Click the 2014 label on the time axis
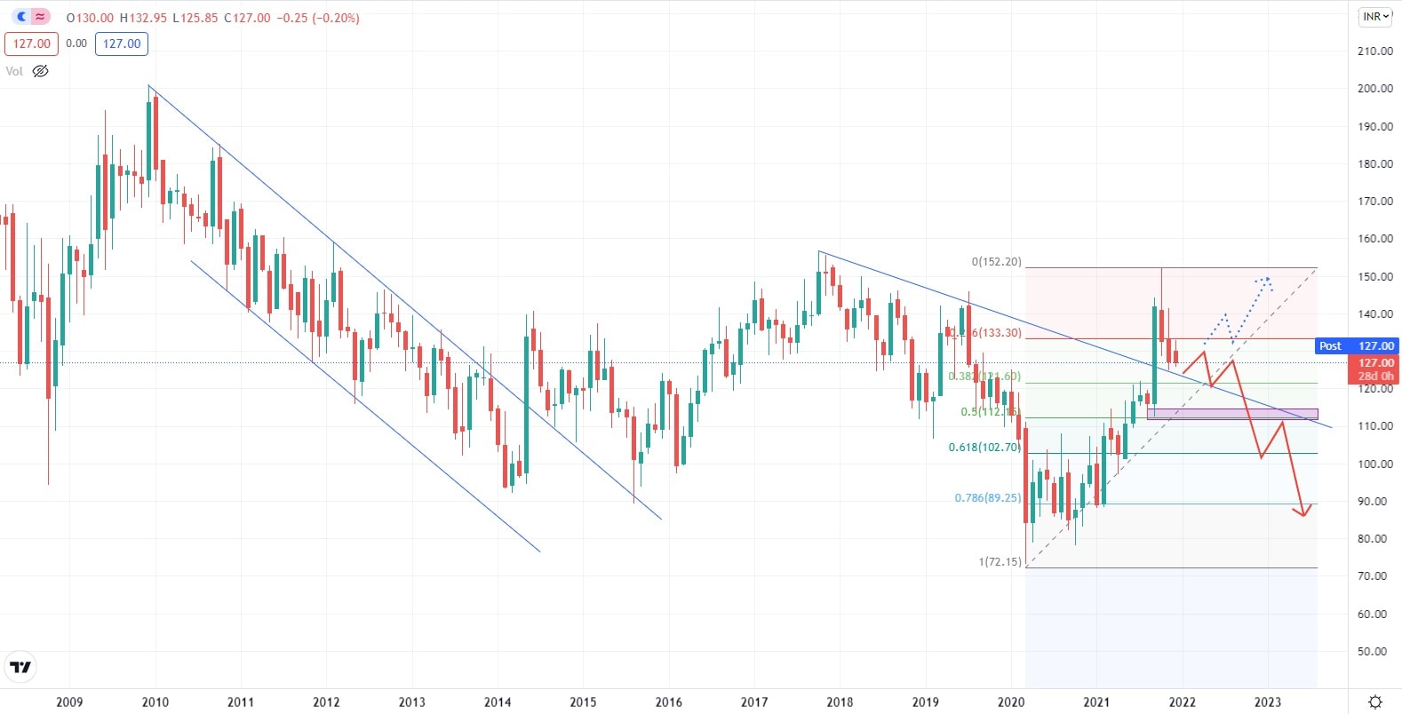click(x=498, y=702)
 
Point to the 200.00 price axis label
click(x=1374, y=89)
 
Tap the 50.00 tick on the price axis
click(x=1374, y=651)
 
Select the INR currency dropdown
click(x=1375, y=17)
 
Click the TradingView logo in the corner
click(x=20, y=667)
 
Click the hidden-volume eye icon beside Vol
click(x=40, y=71)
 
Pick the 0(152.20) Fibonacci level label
click(x=996, y=262)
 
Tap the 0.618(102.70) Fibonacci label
click(x=984, y=448)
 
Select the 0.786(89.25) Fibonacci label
click(x=987, y=498)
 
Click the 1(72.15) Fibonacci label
click(x=1000, y=562)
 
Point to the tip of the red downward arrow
click(x=1303, y=514)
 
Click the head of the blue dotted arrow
click(x=1267, y=280)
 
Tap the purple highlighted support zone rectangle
click(x=1231, y=414)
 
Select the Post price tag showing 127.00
click(x=1357, y=346)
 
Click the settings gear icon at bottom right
click(x=1374, y=702)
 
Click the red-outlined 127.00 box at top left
click(x=31, y=44)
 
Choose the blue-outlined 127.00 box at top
click(x=122, y=44)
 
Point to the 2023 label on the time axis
click(x=1268, y=702)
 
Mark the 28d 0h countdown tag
click(x=1375, y=377)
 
